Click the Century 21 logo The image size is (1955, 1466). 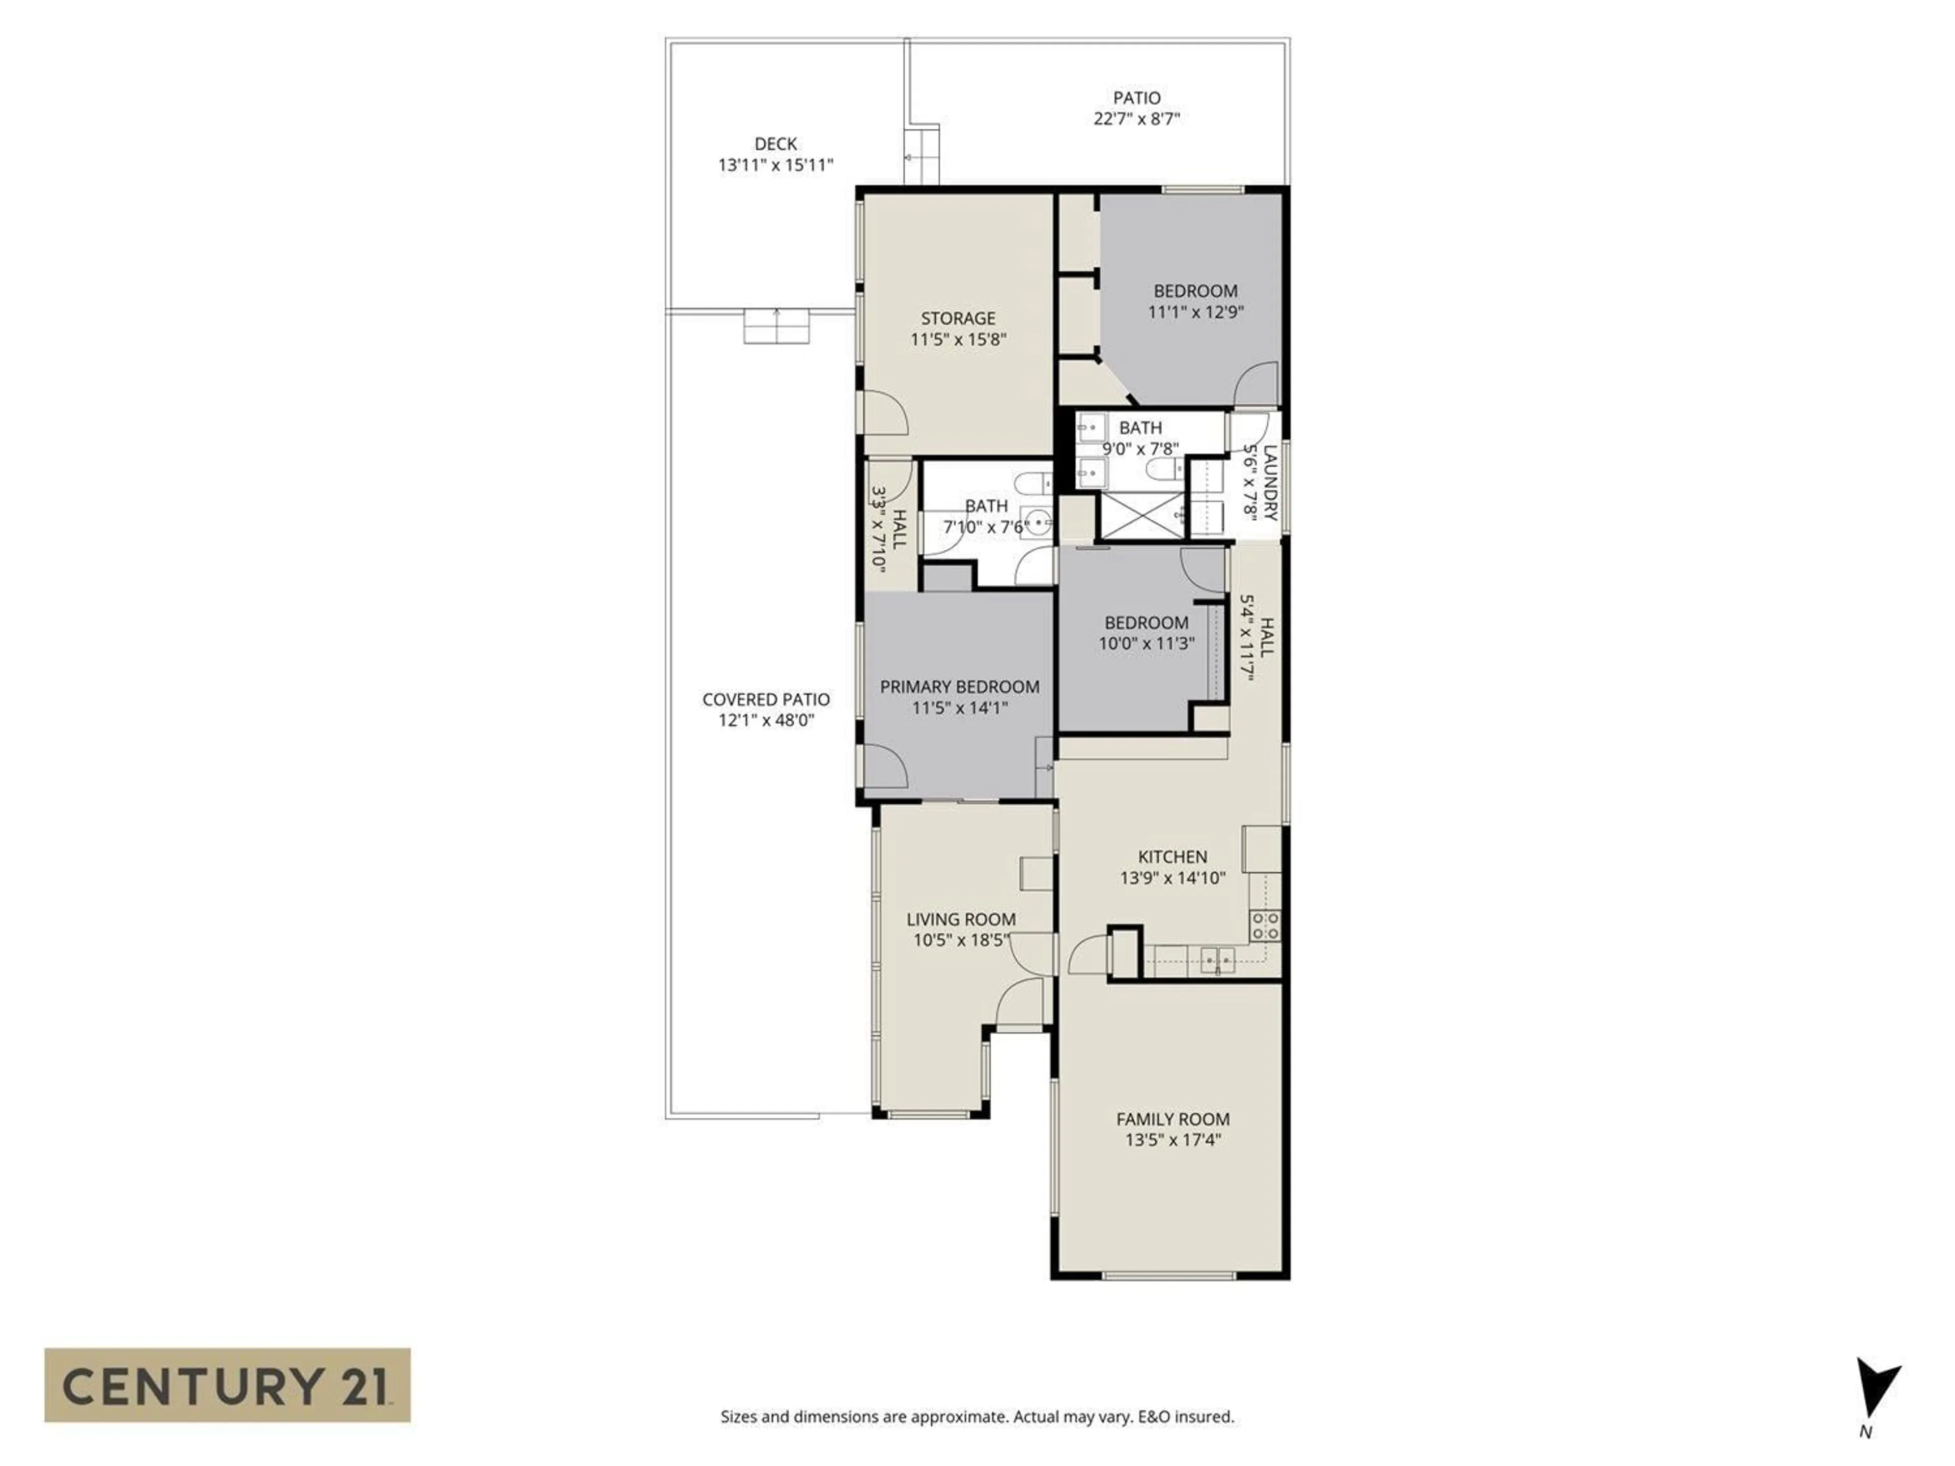point(227,1385)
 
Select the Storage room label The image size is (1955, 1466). point(958,318)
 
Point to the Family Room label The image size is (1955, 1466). point(1173,1119)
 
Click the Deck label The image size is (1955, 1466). point(775,143)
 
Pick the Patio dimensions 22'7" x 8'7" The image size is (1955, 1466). point(1136,119)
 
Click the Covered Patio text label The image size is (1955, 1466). point(765,699)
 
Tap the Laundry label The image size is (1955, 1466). point(1270,482)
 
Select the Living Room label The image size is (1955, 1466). point(961,919)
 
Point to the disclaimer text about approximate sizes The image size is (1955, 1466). point(976,1417)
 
